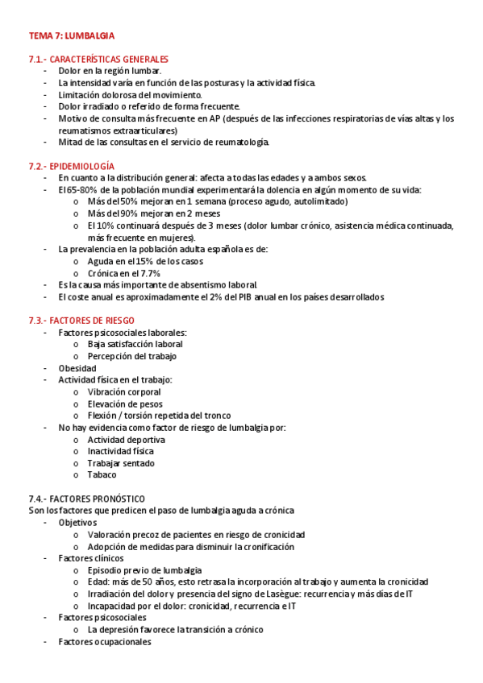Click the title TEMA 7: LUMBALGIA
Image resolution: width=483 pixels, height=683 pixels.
[72, 36]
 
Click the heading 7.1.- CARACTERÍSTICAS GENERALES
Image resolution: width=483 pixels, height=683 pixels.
[98, 60]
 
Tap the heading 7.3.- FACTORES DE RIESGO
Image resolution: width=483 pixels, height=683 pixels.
[81, 321]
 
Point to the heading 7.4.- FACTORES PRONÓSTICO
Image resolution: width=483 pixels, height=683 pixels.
[86, 499]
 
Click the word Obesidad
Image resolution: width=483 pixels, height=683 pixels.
[77, 368]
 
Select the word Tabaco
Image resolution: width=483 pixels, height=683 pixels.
[102, 475]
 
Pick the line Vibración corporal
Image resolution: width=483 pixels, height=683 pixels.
[124, 391]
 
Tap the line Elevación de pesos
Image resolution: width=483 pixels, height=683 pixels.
[125, 404]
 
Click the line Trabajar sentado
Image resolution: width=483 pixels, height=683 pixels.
[121, 463]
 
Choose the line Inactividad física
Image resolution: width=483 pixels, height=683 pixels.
[120, 451]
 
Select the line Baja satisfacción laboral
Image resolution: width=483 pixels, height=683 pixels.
[135, 344]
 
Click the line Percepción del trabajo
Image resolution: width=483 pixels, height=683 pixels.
[132, 356]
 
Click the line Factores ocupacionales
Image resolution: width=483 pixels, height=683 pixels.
[104, 642]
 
